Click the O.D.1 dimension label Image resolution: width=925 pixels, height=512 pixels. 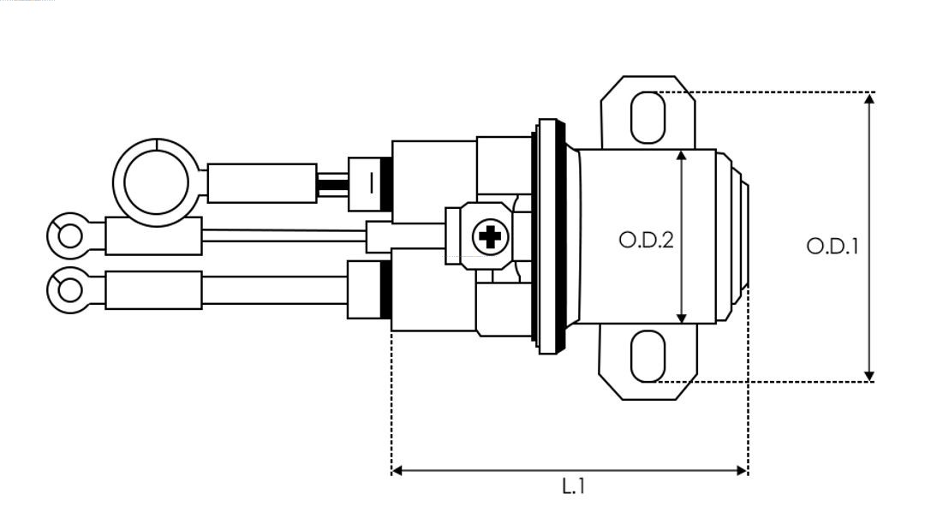tap(832, 247)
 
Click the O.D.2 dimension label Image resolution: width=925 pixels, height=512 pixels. tap(646, 241)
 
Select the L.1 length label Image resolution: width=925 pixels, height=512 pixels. tap(573, 486)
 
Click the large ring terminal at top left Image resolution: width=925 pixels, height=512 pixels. tap(157, 182)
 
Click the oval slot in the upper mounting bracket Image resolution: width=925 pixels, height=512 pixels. tap(647, 117)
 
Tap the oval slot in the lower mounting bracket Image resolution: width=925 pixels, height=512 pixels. tap(647, 356)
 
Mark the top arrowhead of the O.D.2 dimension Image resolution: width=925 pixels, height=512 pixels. tap(682, 155)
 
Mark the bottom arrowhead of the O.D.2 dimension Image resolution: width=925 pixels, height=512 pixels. tap(682, 319)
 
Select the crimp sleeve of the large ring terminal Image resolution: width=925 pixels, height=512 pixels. tap(262, 182)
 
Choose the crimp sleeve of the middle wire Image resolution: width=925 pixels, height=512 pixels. tap(153, 235)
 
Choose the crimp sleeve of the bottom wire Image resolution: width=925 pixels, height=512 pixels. tap(154, 289)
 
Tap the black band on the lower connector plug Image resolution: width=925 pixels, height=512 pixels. tap(385, 290)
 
